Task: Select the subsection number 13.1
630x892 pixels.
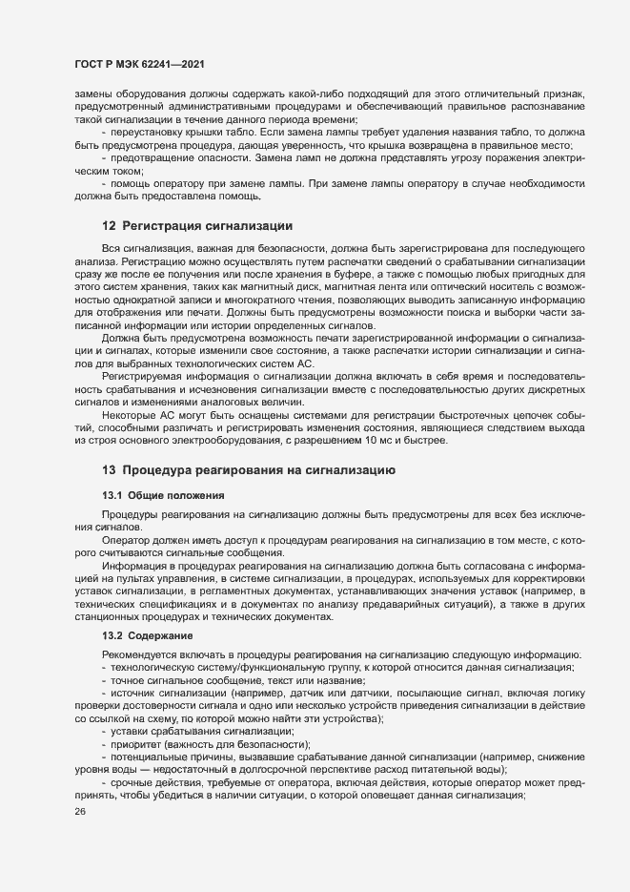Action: (112, 495)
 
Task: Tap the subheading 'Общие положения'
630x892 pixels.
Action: (176, 495)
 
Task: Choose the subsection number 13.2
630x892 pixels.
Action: (112, 635)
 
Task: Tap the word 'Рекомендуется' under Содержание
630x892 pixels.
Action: (141, 654)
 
